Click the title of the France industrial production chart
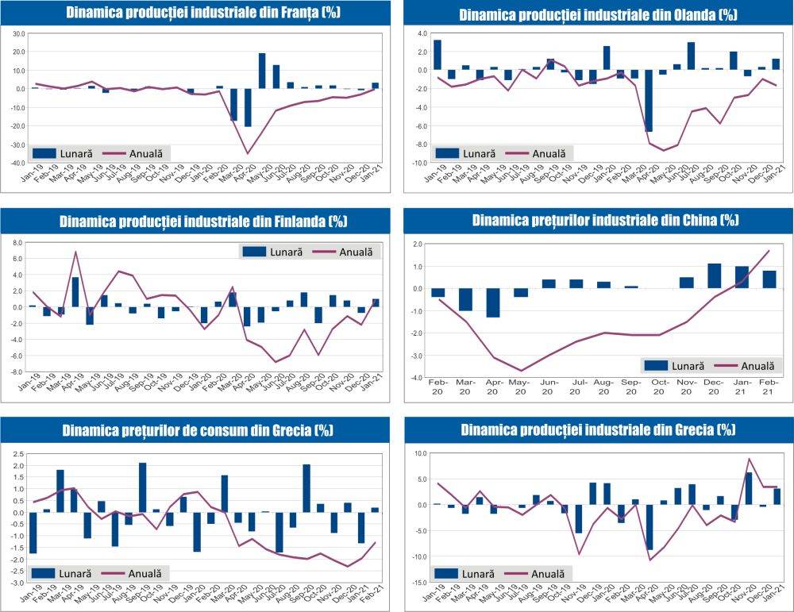pos(195,12)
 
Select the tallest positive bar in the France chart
pos(262,71)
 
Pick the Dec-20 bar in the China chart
pos(714,275)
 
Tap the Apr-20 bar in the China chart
pos(493,302)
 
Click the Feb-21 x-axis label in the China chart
pos(769,390)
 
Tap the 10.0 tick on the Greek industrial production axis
pos(418,453)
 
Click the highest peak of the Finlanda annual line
pos(75,252)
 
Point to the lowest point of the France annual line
pos(248,153)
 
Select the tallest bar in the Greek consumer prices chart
pos(142,487)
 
